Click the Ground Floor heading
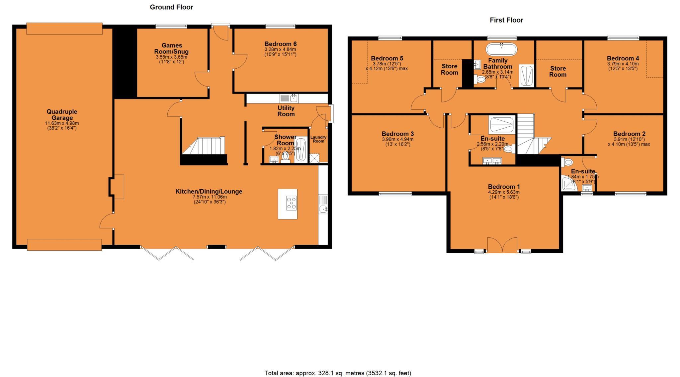point(171,7)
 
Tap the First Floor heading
point(506,20)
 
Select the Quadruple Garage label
point(62,115)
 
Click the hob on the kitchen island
point(292,203)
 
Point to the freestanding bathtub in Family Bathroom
point(501,49)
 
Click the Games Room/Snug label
point(172,48)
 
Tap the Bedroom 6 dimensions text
point(280,52)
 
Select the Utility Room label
point(286,111)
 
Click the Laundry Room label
point(318,139)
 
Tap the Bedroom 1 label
point(504,186)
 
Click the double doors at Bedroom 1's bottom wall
point(502,245)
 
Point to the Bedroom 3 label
point(397,134)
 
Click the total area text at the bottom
point(337,373)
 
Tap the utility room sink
point(294,98)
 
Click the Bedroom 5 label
point(387,58)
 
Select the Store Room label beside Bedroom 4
point(557,71)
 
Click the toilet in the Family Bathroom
point(479,79)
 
